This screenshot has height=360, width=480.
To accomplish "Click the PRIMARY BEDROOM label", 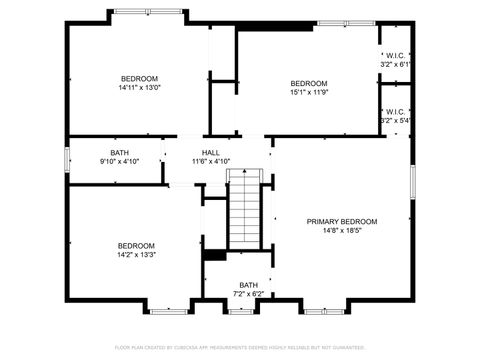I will (x=342, y=221).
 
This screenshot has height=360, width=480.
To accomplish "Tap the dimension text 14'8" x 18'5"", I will (x=342, y=230).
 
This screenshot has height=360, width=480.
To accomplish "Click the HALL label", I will (x=211, y=153).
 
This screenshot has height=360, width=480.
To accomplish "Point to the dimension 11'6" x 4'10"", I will (x=211, y=162).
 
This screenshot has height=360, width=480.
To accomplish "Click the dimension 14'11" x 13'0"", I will (x=140, y=87).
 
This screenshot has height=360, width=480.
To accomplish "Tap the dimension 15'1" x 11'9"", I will (x=309, y=92).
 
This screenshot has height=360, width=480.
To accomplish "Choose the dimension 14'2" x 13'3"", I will (x=136, y=255).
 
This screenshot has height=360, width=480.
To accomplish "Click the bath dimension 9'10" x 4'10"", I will (x=120, y=162).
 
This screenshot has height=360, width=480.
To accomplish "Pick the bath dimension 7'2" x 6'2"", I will (x=248, y=294).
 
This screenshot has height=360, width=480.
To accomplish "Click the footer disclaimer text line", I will (x=240, y=347).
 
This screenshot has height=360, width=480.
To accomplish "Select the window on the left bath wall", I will (x=67, y=160).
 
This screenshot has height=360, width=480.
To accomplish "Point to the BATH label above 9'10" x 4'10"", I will (x=120, y=153).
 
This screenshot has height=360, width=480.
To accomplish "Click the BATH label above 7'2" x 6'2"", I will (x=248, y=285).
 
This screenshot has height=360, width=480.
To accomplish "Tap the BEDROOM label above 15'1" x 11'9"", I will (x=309, y=83).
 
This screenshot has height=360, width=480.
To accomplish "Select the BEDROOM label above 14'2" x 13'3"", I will (x=136, y=246).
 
